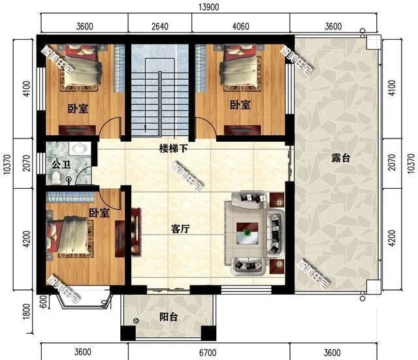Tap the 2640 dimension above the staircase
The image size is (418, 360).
(x=159, y=27)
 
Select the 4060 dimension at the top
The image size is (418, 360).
(x=242, y=27)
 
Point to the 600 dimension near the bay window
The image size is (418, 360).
(x=42, y=302)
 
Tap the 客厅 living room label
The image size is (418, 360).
(x=181, y=229)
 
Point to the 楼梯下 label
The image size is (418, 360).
(x=174, y=148)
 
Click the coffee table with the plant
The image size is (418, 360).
(x=248, y=232)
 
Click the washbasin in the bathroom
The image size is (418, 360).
(x=80, y=148)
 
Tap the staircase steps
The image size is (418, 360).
(x=159, y=98)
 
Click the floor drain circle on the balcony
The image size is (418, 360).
(x=136, y=320)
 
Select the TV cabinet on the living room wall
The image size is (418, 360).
(x=137, y=231)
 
